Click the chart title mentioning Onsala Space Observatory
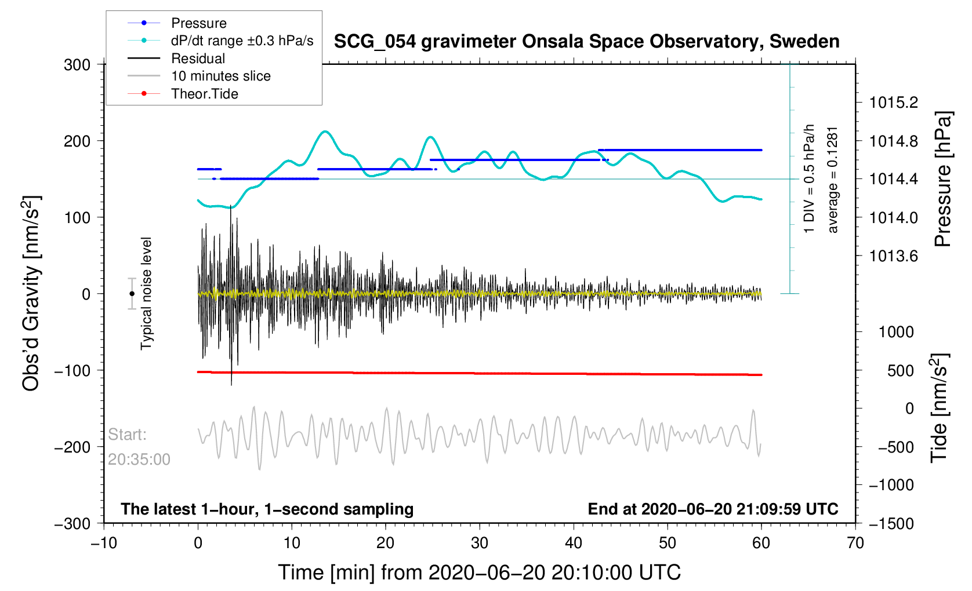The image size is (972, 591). point(586,42)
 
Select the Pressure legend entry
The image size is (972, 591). point(198,23)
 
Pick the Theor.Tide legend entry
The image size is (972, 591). point(204,94)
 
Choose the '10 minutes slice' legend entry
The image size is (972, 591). point(220,76)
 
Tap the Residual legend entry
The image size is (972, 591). point(198,59)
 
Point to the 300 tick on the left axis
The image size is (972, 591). point(77,65)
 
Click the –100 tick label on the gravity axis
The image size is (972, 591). point(72,370)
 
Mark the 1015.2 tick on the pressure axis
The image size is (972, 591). point(894,103)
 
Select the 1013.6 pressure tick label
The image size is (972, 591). point(894,256)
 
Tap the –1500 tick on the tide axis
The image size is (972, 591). point(891,524)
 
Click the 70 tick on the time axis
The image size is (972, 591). point(855,543)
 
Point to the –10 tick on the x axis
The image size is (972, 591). point(104,543)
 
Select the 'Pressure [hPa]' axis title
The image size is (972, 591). point(943,180)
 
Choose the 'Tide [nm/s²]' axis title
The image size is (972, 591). point(939,408)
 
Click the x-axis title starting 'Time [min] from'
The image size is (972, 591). point(479,572)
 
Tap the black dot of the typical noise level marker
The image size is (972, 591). point(132,294)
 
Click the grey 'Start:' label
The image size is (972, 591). point(128,435)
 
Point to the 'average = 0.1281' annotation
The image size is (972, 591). point(833,180)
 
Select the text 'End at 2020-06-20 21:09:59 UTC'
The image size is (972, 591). point(713,509)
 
